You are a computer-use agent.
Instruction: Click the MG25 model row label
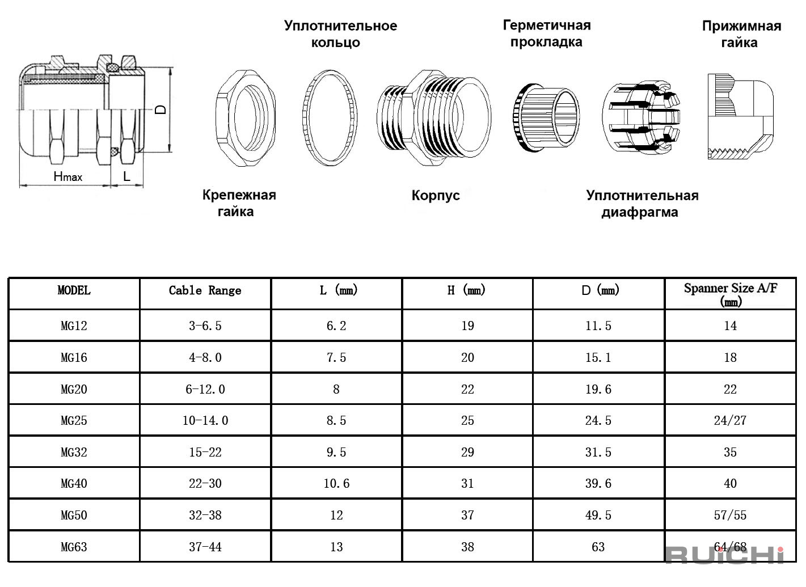[x=74, y=420]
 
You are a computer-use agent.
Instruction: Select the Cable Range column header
[x=205, y=290]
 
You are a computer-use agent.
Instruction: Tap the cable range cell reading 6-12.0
[x=205, y=389]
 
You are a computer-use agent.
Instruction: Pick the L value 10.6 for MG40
[x=336, y=483]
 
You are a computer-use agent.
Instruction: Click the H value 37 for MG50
[x=467, y=515]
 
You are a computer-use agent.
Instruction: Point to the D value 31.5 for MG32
[x=598, y=452]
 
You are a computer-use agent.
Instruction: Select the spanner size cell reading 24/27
[x=730, y=420]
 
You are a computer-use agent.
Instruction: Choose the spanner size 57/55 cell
[x=730, y=515]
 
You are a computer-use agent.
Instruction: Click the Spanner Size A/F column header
[x=731, y=294]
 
